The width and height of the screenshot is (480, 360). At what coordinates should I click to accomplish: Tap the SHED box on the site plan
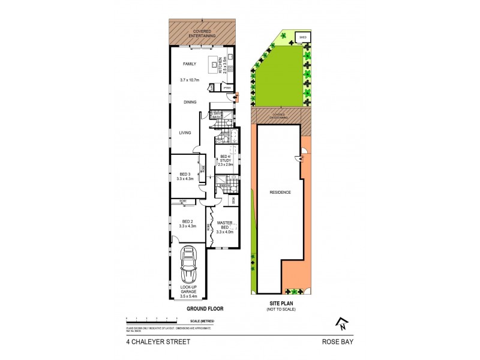(x=302, y=38)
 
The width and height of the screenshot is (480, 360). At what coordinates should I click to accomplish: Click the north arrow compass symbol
(x=342, y=325)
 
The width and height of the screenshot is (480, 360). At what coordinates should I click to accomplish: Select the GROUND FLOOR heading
(x=205, y=308)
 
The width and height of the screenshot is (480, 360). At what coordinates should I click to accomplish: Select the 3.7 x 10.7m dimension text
(x=191, y=80)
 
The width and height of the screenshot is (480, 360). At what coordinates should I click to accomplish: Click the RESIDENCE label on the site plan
(x=280, y=193)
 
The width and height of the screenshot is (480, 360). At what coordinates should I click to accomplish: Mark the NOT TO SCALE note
(x=282, y=309)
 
